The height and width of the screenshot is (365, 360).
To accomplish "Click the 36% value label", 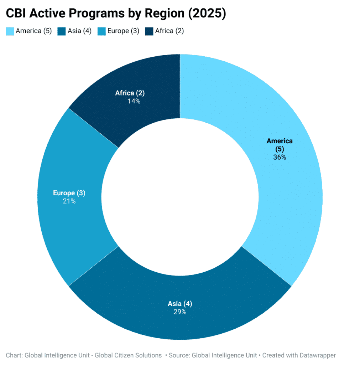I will [x=280, y=157].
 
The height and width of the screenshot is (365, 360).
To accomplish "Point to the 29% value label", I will [x=180, y=312].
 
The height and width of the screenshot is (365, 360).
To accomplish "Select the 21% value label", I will [x=69, y=201].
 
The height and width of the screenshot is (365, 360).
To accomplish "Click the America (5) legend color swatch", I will [x=10, y=31].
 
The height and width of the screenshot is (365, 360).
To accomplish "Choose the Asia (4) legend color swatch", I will [x=61, y=31].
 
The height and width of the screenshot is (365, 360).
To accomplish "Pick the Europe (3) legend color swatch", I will [x=102, y=31].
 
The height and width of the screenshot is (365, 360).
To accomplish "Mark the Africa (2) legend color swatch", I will [x=149, y=31].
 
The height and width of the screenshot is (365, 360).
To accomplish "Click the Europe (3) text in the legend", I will [x=124, y=31].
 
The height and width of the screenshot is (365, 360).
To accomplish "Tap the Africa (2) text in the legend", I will [x=169, y=31].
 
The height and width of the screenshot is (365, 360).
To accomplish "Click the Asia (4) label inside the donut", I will [x=180, y=304].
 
